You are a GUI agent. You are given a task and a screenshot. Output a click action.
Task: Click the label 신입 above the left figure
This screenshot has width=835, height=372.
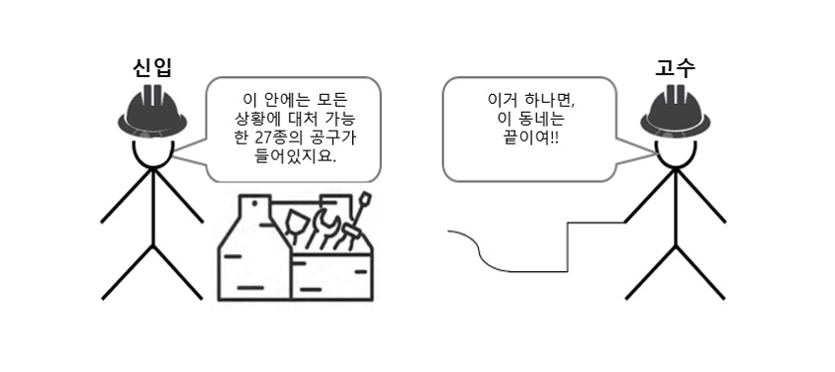[x=152, y=68]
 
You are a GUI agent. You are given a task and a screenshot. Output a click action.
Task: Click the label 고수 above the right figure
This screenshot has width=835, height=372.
[x=676, y=68]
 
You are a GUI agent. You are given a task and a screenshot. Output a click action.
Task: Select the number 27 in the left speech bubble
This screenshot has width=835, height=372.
[x=257, y=138]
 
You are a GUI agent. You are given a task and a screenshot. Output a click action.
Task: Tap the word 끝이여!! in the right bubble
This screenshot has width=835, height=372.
[x=527, y=139]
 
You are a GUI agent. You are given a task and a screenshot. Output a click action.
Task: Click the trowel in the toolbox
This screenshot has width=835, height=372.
[x=296, y=228]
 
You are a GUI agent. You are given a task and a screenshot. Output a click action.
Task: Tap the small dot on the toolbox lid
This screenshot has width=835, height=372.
[x=254, y=203]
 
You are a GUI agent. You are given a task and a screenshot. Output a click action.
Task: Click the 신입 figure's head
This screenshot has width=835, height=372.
[x=152, y=151]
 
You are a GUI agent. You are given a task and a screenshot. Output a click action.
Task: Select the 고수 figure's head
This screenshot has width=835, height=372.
[x=676, y=151]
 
